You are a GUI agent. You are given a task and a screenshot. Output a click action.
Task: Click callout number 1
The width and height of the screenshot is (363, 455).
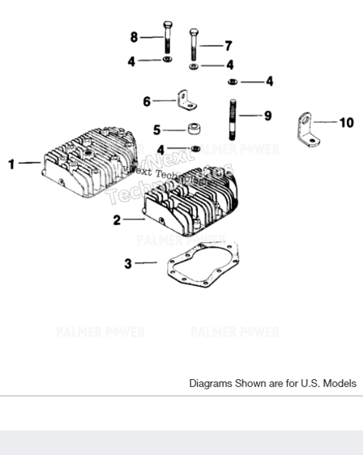coord(12,162)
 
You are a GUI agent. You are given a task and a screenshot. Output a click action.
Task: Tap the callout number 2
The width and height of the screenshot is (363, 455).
coord(117,220)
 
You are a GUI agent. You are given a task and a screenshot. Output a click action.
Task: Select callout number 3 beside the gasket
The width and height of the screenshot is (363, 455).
coord(128,263)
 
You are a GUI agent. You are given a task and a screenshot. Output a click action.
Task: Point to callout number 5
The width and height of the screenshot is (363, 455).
coord(157,130)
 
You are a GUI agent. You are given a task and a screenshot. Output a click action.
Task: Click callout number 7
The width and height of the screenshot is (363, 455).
coord(227,45)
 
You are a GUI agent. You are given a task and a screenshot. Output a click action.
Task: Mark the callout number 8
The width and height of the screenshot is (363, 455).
coord(134,37)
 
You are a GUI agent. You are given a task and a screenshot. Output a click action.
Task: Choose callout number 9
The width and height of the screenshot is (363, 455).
coord(267,116)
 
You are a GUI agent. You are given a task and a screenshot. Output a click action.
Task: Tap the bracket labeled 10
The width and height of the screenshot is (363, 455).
coord(305,130)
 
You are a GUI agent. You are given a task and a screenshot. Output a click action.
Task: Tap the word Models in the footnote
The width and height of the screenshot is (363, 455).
coord(338,384)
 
